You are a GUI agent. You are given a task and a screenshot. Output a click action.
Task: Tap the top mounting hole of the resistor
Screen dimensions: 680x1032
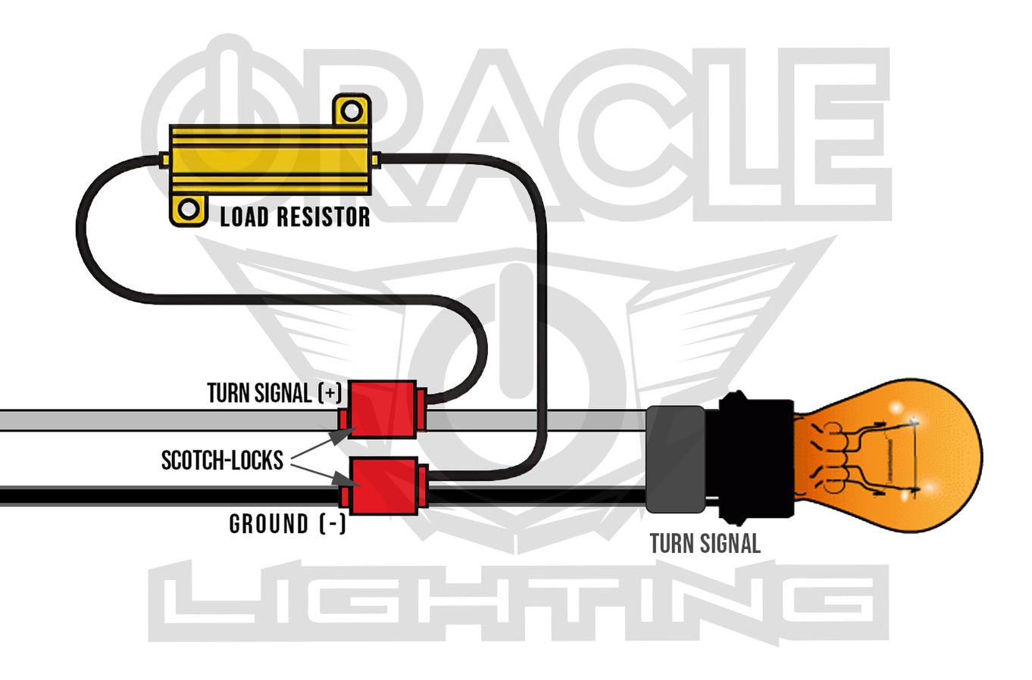point(351,111)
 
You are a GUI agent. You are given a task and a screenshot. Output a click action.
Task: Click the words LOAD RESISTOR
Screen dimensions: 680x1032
point(295,217)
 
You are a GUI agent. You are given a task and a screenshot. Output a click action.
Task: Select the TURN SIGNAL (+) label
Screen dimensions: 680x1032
point(274,393)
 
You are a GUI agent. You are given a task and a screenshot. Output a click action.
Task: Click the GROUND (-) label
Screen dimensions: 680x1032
point(287,524)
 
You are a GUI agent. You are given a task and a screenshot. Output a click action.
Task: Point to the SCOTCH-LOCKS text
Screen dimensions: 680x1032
point(222,460)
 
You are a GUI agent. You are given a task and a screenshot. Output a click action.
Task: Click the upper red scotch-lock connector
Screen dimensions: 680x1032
point(382,410)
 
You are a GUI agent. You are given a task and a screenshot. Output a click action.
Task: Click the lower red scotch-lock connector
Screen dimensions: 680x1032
point(385,485)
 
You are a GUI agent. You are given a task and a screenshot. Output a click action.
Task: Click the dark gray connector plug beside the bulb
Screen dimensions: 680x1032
point(674,459)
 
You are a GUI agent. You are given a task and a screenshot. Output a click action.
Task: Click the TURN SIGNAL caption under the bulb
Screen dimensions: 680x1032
point(705,543)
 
